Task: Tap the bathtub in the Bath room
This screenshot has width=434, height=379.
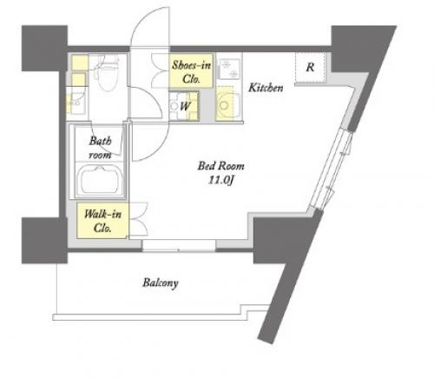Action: click(100, 181)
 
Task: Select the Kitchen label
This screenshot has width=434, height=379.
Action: click(266, 88)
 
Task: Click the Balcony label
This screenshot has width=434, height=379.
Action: click(161, 283)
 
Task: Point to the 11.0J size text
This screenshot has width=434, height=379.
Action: click(220, 181)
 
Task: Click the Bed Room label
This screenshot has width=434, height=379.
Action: click(220, 166)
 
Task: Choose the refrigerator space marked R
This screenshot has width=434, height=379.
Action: click(310, 69)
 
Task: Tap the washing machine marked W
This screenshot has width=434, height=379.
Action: click(184, 106)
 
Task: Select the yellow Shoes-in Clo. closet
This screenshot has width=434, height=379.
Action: click(191, 70)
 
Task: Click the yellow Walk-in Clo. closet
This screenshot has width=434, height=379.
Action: click(102, 221)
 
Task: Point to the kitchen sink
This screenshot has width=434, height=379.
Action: click(228, 69)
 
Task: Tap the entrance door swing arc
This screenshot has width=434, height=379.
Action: click(149, 26)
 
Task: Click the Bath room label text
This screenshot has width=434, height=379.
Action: click(100, 148)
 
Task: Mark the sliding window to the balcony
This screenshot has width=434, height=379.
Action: click(179, 245)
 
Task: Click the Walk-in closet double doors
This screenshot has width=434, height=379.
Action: click(138, 220)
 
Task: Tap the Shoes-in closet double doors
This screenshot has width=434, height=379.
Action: click(160, 70)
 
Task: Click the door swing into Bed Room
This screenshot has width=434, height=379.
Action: click(150, 142)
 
